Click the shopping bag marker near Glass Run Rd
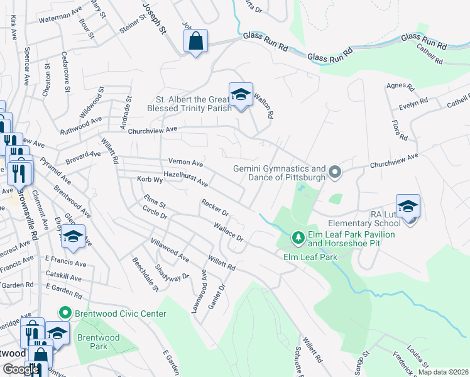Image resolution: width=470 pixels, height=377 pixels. pyautogui.click(x=195, y=42)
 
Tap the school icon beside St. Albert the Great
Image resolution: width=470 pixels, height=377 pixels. pyautogui.click(x=240, y=95)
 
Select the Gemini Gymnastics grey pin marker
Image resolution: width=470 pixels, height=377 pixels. pyautogui.click(x=335, y=172)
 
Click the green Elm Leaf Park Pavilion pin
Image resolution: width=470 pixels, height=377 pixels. pyautogui.click(x=298, y=238)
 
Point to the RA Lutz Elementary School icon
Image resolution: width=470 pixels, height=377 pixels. pyautogui.click(x=407, y=207)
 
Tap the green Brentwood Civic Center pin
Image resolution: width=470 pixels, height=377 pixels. pyautogui.click(x=65, y=312)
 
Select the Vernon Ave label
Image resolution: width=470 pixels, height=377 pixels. pyautogui.click(x=185, y=162)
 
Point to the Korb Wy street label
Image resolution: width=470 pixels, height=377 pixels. pyautogui.click(x=150, y=180)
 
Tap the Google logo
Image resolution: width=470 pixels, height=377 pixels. pyautogui.click(x=21, y=369)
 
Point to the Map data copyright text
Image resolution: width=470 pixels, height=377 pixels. pyautogui.click(x=442, y=372)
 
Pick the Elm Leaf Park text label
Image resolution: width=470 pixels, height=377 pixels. pyautogui.click(x=310, y=256)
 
